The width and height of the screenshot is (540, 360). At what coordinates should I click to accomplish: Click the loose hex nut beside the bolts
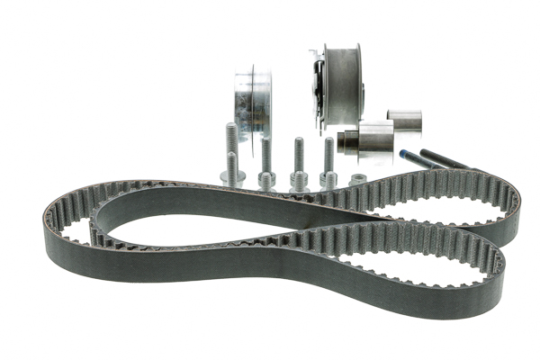coord(358,178)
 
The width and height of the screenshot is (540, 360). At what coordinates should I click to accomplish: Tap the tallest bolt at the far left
coord(231,148)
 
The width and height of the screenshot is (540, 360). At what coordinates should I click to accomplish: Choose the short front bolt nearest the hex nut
coord(328,166)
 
